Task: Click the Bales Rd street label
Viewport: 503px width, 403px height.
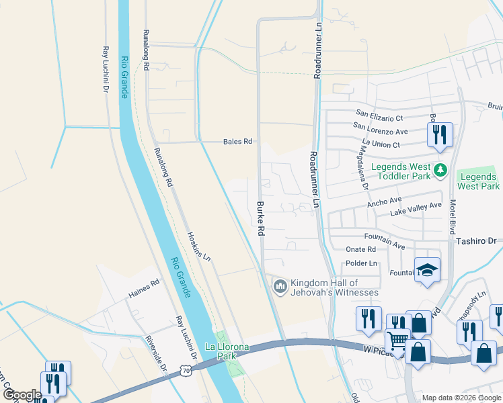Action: point(237,142)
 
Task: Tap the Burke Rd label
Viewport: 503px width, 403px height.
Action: point(260,217)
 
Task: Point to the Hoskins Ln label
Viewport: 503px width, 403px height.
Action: point(198,247)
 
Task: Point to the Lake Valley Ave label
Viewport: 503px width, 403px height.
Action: point(417,209)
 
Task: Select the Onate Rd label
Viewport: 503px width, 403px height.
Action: point(361,249)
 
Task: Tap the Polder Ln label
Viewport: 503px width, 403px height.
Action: point(361,263)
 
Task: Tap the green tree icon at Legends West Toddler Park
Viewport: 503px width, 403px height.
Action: point(440,169)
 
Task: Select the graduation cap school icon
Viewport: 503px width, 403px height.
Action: point(427,270)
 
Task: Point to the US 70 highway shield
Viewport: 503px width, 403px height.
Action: point(186,370)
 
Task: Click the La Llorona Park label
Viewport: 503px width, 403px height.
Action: point(227,351)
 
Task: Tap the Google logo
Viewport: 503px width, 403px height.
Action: point(22,395)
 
